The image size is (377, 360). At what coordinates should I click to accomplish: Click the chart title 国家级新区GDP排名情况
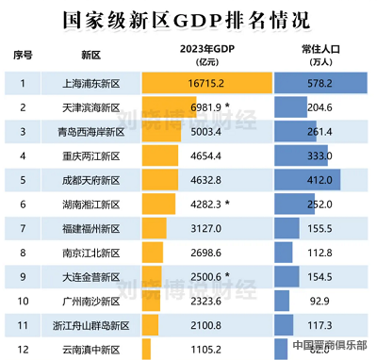(x=188, y=18)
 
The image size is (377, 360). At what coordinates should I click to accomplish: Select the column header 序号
(x=24, y=55)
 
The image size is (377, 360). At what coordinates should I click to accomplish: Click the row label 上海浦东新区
(x=92, y=84)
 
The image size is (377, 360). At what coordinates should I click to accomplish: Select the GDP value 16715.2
(x=209, y=84)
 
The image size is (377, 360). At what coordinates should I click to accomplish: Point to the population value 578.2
(x=319, y=84)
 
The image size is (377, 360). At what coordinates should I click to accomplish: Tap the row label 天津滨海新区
(x=92, y=108)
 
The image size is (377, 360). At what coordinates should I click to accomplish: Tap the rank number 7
(x=24, y=228)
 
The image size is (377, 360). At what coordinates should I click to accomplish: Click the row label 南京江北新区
(x=92, y=253)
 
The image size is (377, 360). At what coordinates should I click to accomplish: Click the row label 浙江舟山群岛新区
(x=92, y=325)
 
